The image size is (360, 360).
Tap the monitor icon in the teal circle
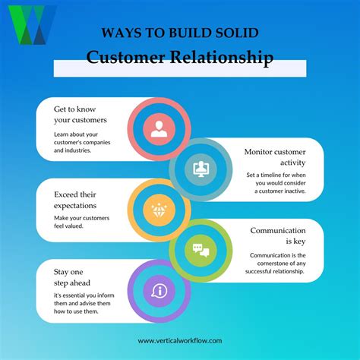[201, 168]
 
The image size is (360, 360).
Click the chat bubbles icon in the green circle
[200, 250]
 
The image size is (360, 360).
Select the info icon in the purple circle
[159, 290]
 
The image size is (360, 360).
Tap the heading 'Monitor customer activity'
[274, 156]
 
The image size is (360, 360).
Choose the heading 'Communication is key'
[278, 236]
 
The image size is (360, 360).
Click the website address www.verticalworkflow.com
[180, 341]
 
